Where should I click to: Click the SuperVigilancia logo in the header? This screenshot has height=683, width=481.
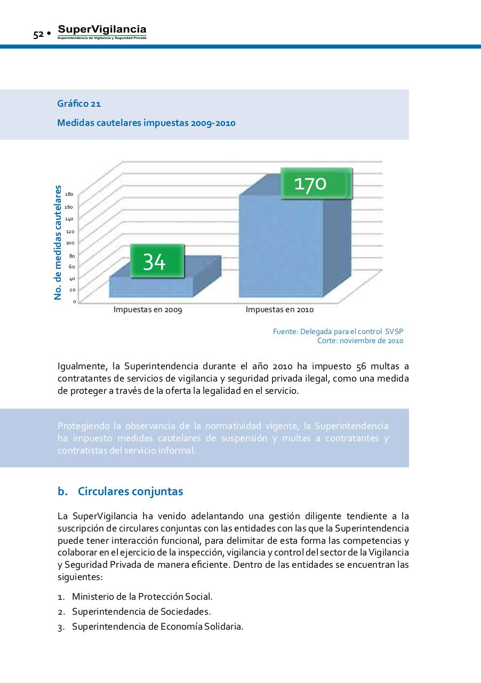pos(102,32)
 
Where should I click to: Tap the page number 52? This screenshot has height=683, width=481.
pos(38,35)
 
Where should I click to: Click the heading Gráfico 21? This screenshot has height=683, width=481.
pos(79,104)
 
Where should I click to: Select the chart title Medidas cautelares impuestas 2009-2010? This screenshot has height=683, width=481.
pos(146,123)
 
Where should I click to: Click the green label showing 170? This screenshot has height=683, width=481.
pos(316,184)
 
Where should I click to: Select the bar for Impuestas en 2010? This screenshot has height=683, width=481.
pos(281,251)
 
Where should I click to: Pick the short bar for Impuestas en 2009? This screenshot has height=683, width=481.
pos(151,287)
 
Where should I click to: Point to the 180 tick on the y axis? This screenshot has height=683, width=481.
pos(69,194)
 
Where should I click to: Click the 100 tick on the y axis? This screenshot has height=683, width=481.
pos(70,243)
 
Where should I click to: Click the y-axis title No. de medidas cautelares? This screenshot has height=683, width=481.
pos(58,242)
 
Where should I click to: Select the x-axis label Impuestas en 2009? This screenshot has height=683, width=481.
pos(148,309)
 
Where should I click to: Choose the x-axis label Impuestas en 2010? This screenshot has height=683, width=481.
pos(279,309)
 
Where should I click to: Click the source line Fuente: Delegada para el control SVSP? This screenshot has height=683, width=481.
pos(338,331)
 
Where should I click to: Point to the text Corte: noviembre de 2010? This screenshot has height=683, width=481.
pos(360,340)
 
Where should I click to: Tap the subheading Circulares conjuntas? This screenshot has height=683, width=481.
pos(130,491)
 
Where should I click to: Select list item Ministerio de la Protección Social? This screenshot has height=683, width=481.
pos(142,597)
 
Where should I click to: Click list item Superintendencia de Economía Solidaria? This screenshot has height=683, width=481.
pos(157,626)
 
